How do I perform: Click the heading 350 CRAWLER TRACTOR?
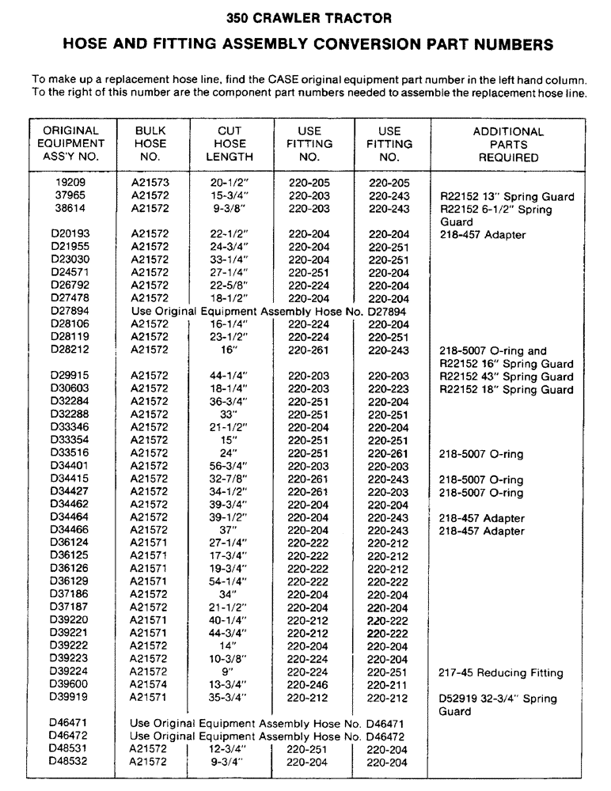(305, 16)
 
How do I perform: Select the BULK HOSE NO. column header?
(150, 144)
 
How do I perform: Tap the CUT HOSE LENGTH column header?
(230, 144)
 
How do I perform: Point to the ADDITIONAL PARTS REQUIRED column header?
(508, 145)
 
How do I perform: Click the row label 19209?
(70, 183)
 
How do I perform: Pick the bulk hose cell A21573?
(150, 183)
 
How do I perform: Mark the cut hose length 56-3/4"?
(230, 467)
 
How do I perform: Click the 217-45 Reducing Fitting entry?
(501, 673)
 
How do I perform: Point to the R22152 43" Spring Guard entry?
(507, 377)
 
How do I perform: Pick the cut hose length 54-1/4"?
(230, 582)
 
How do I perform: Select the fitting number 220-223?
(388, 389)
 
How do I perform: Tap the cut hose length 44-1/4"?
(230, 377)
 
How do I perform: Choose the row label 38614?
(70, 209)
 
